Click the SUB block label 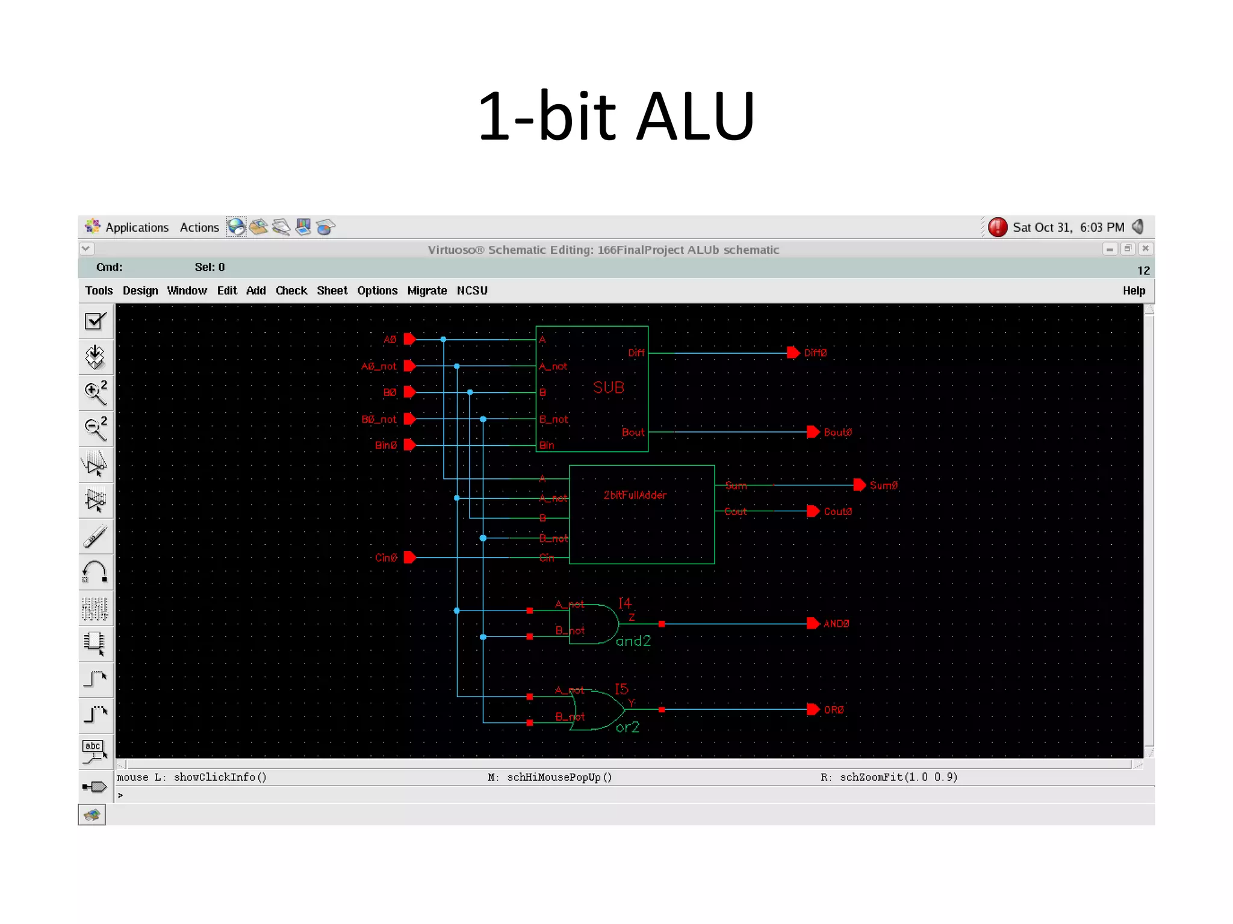[x=608, y=387]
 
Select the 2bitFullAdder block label [x=635, y=495]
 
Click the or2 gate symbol [x=596, y=710]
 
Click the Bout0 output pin [x=813, y=432]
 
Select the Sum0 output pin [x=860, y=485]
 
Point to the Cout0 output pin [x=813, y=511]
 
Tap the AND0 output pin [x=813, y=623]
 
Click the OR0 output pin [x=813, y=709]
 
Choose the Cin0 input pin [x=410, y=558]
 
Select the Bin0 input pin [x=410, y=445]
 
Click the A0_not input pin [x=410, y=366]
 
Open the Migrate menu [x=427, y=291]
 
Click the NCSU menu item [x=472, y=291]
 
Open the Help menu [x=1134, y=291]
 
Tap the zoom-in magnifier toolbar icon [x=95, y=393]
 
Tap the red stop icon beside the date [x=998, y=227]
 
